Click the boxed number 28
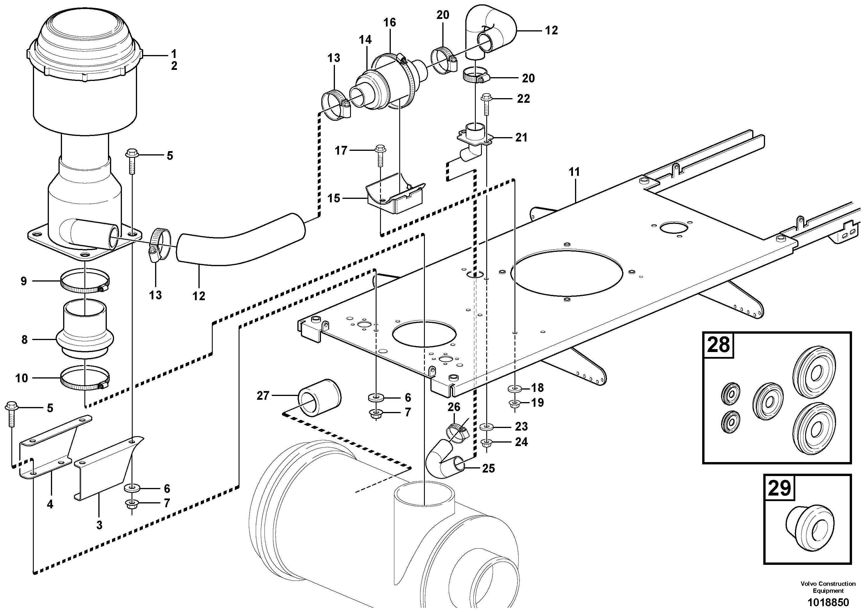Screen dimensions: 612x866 click(x=718, y=345)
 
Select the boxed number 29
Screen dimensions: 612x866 click(x=779, y=488)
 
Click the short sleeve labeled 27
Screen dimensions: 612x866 click(x=319, y=398)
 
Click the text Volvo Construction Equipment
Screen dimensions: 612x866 click(x=828, y=587)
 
